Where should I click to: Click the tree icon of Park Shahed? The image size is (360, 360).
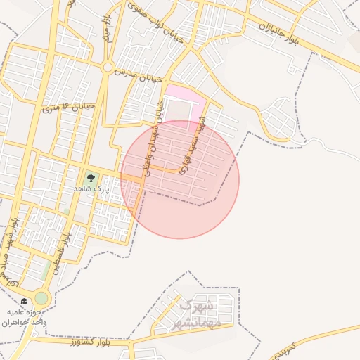(90, 179)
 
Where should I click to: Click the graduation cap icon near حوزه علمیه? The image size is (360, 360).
(25, 302)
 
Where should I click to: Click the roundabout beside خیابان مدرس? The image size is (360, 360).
(108, 68)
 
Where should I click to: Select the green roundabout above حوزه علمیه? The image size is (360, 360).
(41, 298)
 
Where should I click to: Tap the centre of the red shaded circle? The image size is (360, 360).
(180, 179)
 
